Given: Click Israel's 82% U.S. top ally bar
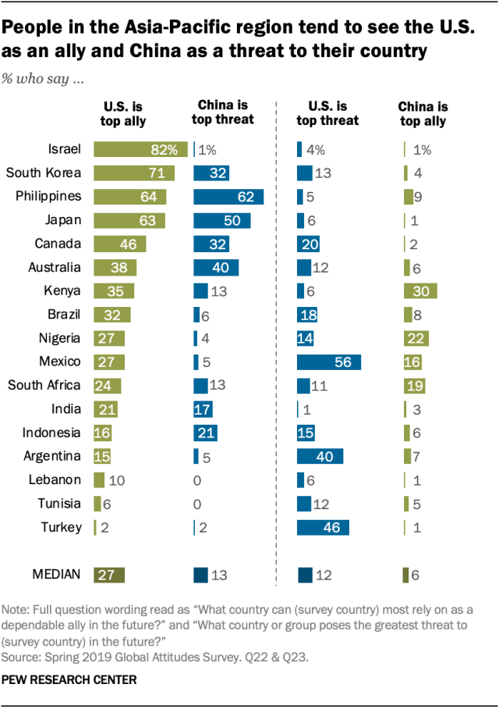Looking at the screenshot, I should pyautogui.click(x=140, y=150).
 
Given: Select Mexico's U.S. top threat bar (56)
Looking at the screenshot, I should pyautogui.click(x=328, y=362).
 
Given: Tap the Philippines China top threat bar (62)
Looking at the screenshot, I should pyautogui.click(x=228, y=197).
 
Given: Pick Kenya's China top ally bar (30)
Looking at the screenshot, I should pyautogui.click(x=419, y=290).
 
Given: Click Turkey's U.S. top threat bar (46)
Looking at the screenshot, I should pyautogui.click(x=323, y=527).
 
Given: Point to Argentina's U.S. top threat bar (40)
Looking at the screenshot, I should pyautogui.click(x=320, y=456).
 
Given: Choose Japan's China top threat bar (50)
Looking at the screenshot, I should pyautogui.click(x=221, y=220).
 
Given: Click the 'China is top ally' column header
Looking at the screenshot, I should pyautogui.click(x=423, y=113).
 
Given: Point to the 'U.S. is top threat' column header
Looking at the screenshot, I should pyautogui.click(x=327, y=113).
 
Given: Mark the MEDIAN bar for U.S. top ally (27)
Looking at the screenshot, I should pyautogui.click(x=108, y=575).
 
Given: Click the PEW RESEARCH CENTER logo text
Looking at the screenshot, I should pyautogui.click(x=70, y=680).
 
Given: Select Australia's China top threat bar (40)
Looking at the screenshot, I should pyautogui.click(x=216, y=267).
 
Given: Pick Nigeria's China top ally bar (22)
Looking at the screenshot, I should pyautogui.click(x=416, y=338).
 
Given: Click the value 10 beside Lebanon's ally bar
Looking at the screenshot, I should pyautogui.click(x=117, y=479).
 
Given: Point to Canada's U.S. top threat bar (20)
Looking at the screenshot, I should pyautogui.click(x=309, y=244).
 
